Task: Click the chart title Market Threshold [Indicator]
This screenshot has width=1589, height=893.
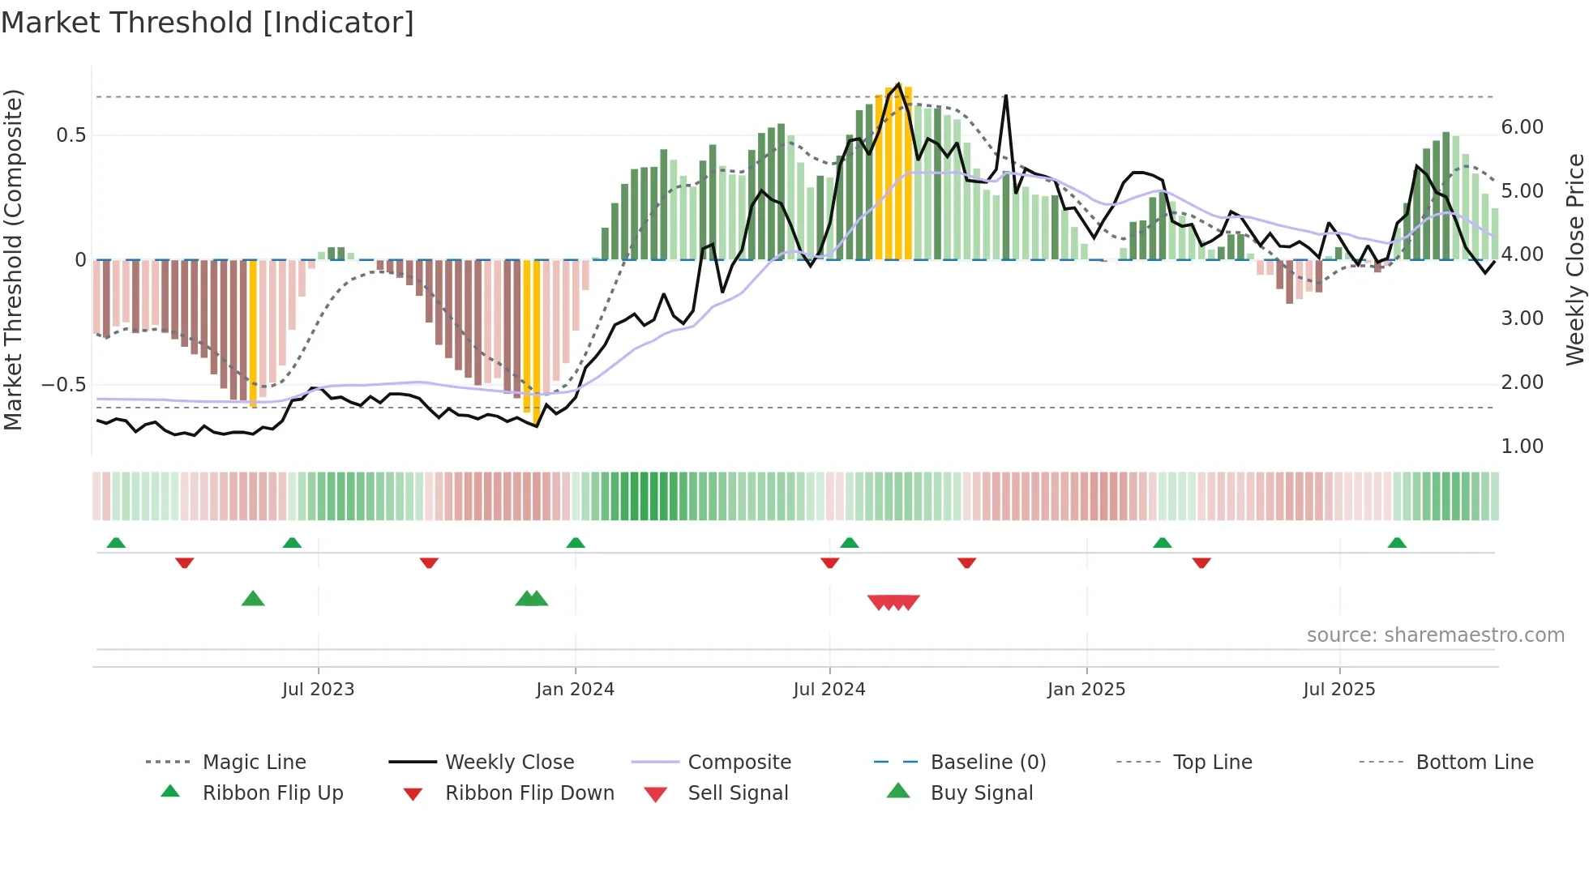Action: (x=208, y=23)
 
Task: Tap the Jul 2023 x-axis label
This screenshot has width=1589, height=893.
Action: (x=318, y=690)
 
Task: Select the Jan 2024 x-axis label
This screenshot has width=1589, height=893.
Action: (x=575, y=690)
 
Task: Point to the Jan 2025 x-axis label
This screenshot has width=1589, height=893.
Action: (x=1086, y=690)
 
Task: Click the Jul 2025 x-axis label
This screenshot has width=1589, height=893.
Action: (x=1338, y=690)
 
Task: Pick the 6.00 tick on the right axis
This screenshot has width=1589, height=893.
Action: (x=1522, y=127)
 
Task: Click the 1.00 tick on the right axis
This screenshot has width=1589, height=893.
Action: (x=1522, y=446)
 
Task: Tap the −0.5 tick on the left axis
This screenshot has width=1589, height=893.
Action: (x=63, y=385)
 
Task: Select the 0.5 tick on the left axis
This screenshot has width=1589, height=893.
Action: (x=71, y=135)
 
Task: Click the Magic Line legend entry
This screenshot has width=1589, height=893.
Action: (x=254, y=763)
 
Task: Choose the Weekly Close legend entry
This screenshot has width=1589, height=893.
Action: (x=509, y=763)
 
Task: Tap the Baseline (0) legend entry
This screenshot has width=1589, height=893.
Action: (x=987, y=763)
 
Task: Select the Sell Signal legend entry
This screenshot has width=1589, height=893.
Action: (x=737, y=793)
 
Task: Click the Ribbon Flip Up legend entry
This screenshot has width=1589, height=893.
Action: (x=272, y=793)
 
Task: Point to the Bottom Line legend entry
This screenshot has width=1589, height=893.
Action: (x=1474, y=763)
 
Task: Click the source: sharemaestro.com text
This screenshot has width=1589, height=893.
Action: (x=1435, y=635)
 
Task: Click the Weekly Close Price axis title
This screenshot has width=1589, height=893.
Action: (x=1574, y=259)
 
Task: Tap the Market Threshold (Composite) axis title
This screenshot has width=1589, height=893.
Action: (x=13, y=259)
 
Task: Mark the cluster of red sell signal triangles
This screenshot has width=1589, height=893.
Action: (x=893, y=602)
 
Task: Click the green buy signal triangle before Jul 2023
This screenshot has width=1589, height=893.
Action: (x=253, y=599)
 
